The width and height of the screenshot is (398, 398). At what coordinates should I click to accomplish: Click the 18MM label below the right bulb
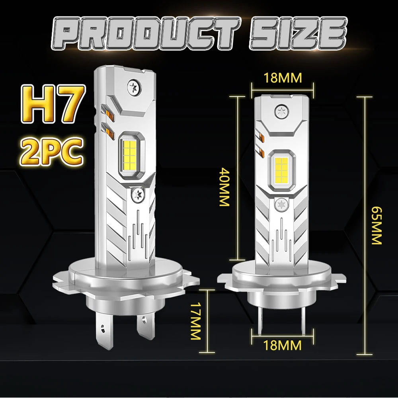(282, 344)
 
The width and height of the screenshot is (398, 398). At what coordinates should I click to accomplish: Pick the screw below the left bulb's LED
(139, 195)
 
